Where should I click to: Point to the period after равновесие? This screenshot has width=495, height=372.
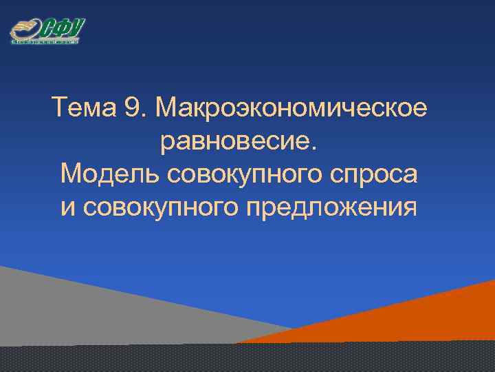[x=316, y=148]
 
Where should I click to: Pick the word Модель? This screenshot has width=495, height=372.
[x=110, y=174]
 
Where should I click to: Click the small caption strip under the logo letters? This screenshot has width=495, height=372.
[x=45, y=42]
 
